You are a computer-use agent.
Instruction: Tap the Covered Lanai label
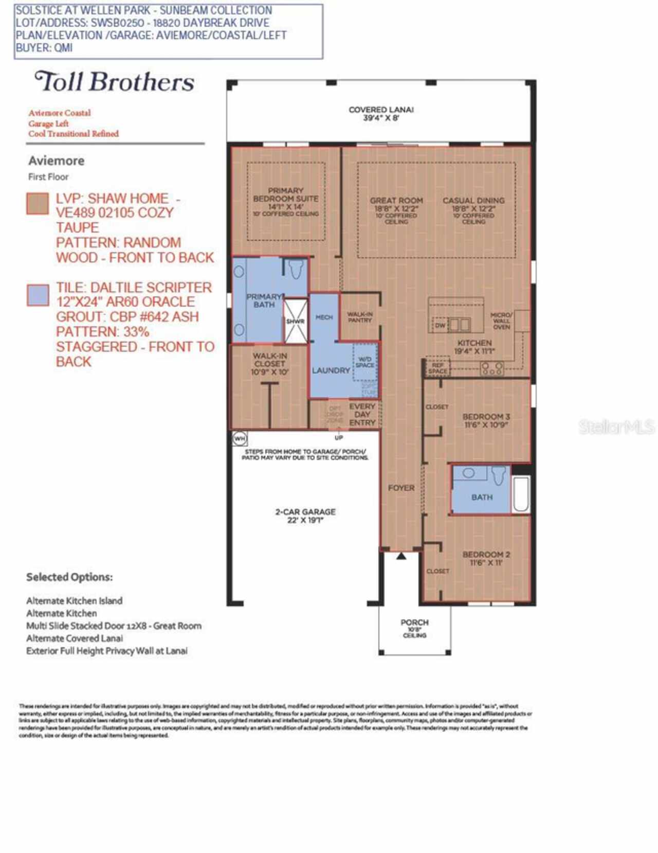pos(381,113)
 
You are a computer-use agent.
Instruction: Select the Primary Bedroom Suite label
pos(286,201)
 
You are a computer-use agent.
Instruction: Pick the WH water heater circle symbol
pos(240,438)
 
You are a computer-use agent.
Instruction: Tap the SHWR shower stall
pos(295,321)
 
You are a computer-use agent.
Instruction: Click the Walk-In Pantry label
pos(360,317)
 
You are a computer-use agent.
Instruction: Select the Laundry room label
pos(331,370)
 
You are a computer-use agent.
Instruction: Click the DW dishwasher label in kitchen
pos(440,325)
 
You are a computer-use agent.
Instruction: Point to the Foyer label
pos(401,488)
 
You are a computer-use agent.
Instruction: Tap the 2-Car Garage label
pos(305,516)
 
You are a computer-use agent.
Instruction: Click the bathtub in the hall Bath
pos(521,495)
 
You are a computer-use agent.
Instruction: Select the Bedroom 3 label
pos(486,420)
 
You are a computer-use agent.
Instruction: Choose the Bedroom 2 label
pos(486,558)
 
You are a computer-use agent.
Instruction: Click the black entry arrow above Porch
pos(401,556)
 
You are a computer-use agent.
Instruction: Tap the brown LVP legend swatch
pos(38,204)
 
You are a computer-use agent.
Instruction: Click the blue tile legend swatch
pos(38,295)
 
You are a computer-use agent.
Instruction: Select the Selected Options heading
pos(69,577)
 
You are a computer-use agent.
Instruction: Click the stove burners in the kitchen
pos(491,368)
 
